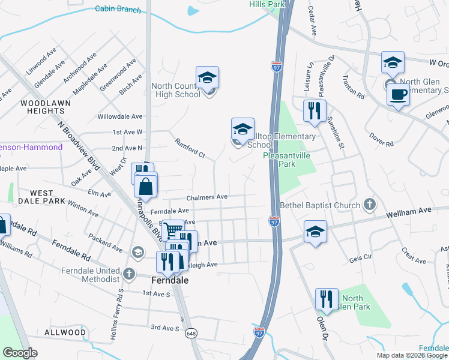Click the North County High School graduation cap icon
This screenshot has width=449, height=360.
tap(207, 77)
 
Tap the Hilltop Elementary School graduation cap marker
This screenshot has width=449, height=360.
tap(243, 129)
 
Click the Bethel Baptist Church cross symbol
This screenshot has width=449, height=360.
tap(369, 205)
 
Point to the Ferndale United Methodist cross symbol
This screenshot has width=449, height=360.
tap(129, 274)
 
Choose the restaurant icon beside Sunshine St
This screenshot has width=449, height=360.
tap(315, 110)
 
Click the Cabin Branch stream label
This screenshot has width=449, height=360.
tap(118, 10)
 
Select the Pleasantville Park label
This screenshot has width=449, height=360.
tap(287, 159)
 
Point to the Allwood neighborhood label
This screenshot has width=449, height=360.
tap(65, 332)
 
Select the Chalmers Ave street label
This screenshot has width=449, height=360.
tap(207, 197)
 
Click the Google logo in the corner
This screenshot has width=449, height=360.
tap(20, 353)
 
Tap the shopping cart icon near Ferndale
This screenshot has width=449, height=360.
tap(172, 229)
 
